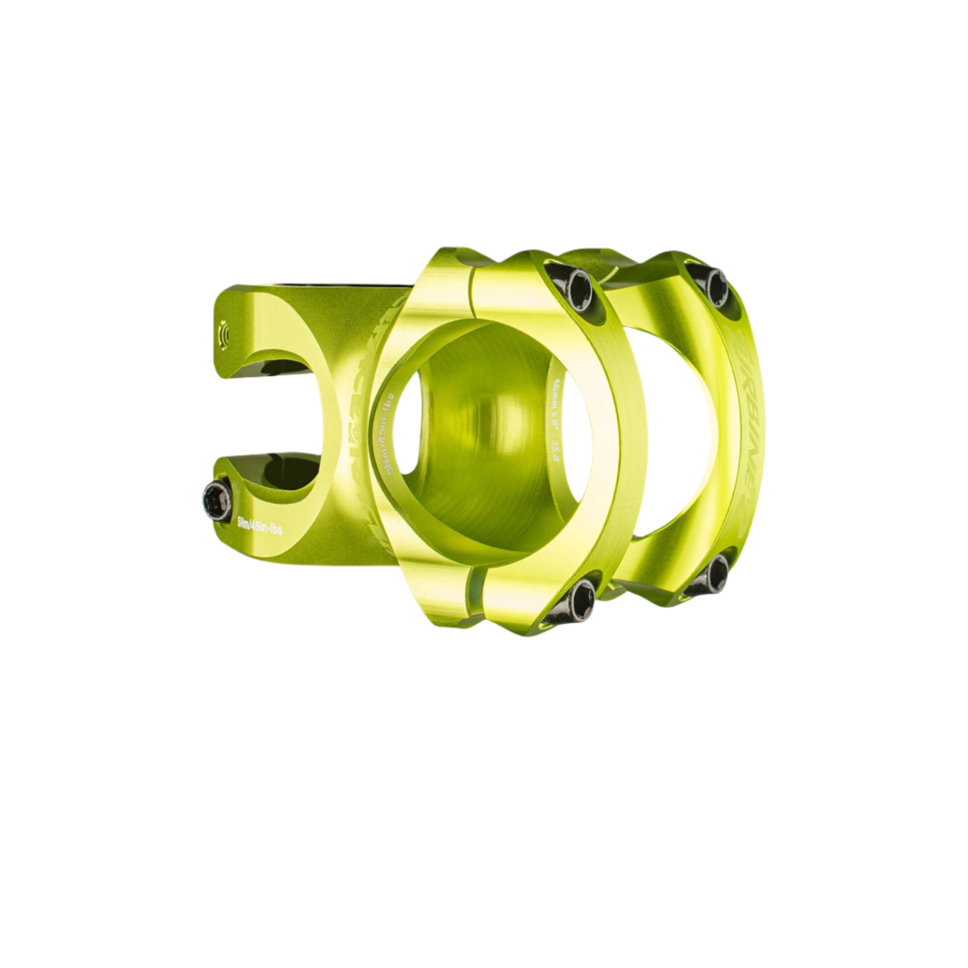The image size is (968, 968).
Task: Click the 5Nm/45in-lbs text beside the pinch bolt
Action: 259,528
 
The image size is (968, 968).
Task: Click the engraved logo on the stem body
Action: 358,426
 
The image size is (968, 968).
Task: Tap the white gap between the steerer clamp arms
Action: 261,416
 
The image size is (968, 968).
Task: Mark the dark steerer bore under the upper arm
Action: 281,368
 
